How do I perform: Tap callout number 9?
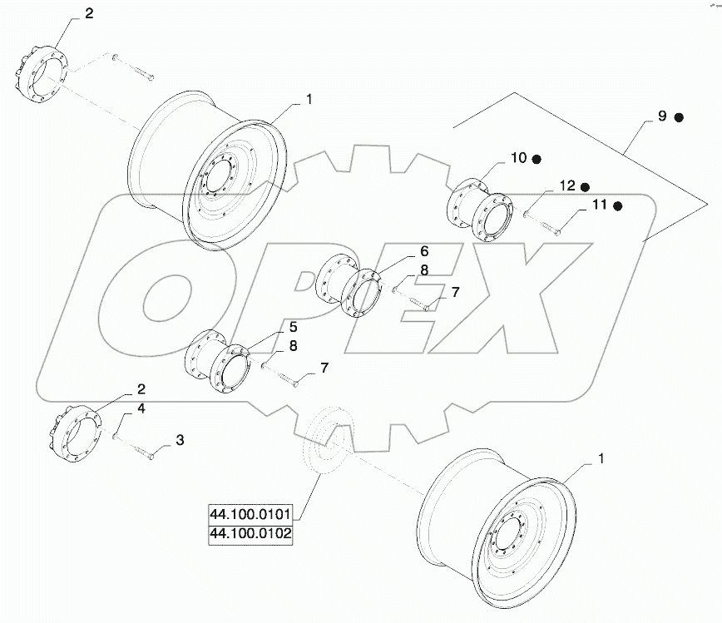pyautogui.click(x=662, y=116)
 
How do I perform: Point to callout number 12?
pyautogui.click(x=566, y=186)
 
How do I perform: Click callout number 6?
pyautogui.click(x=423, y=250)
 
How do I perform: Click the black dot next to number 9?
pyautogui.click(x=679, y=117)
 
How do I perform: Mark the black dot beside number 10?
pyautogui.click(x=537, y=158)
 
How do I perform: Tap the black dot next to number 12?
pyautogui.click(x=585, y=186)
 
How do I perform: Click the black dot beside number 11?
pyautogui.click(x=618, y=205)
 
